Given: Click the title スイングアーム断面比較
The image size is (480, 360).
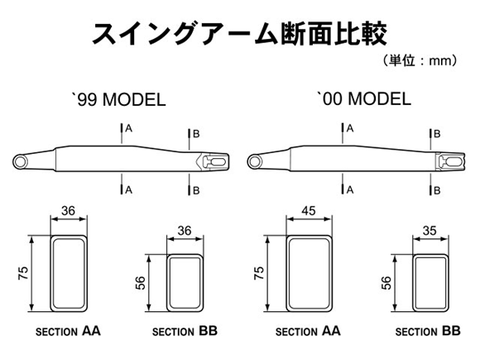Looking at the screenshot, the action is (x=240, y=33).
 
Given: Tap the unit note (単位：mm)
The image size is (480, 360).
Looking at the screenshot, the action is (x=420, y=60).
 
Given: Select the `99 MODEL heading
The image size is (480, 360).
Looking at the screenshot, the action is (x=119, y=99).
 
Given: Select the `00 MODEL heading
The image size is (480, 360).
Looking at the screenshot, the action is (x=364, y=98).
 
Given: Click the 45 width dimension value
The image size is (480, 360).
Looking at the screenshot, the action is (x=308, y=210).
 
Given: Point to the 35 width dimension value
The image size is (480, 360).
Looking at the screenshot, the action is (x=430, y=231).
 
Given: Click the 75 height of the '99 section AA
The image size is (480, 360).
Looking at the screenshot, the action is (x=23, y=272).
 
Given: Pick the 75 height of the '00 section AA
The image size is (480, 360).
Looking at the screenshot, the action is (x=259, y=272).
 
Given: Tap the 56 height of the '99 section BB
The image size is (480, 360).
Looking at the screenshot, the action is (x=140, y=282).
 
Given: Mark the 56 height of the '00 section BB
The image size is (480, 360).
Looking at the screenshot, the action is (x=386, y=282).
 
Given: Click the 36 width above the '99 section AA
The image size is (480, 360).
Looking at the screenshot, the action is (x=68, y=210).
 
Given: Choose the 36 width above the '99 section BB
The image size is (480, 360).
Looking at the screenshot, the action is (x=185, y=231).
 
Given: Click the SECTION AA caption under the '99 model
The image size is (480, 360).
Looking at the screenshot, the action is (x=68, y=331).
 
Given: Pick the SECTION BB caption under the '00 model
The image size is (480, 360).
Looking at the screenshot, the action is (x=428, y=331).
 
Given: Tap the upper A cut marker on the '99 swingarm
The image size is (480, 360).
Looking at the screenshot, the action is (x=126, y=128).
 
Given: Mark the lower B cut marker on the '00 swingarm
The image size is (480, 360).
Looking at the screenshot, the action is (x=434, y=190).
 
